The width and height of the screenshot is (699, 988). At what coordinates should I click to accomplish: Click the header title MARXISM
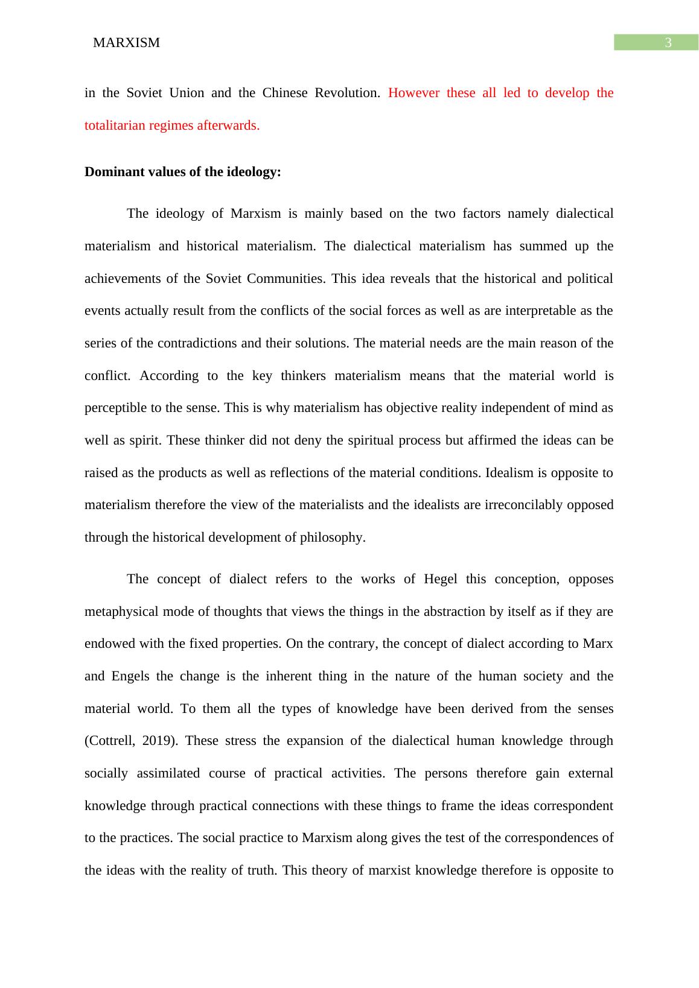pos(127,43)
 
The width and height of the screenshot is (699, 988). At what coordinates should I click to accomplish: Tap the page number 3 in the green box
pos(668,43)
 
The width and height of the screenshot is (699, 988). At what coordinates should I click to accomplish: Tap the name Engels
pos(130,676)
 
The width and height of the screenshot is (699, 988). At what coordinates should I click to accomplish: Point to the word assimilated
pos(168,773)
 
